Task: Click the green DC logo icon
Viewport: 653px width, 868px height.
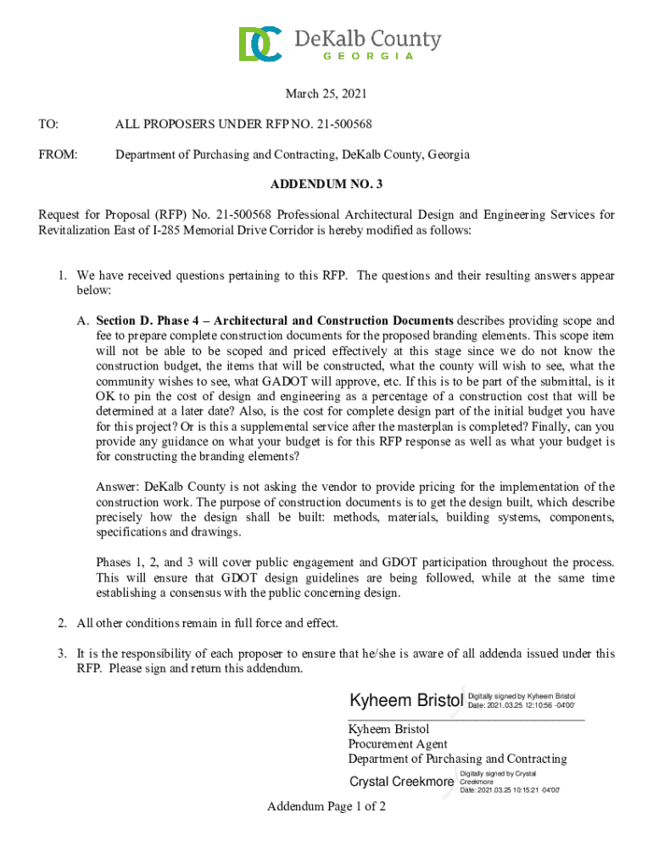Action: coord(260,44)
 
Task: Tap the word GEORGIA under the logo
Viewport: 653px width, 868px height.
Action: coord(369,57)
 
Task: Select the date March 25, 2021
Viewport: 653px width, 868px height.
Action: coord(326,94)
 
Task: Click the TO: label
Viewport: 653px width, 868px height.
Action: coord(48,125)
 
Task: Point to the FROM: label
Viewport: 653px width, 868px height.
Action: coord(58,155)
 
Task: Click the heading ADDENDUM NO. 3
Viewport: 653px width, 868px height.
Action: coord(326,184)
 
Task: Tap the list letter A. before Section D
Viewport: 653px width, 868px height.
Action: coord(83,321)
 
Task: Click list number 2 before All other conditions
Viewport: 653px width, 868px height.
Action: coord(62,624)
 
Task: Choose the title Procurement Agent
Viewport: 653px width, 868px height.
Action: coord(398,744)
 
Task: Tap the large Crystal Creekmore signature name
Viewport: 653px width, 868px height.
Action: coord(401,782)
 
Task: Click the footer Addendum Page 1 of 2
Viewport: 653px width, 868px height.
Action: coord(326,806)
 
